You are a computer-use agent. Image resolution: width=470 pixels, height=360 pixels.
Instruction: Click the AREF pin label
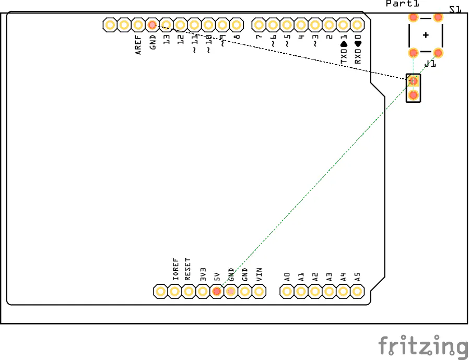(x=138, y=45)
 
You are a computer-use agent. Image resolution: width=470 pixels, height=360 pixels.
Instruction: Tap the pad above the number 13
(x=166, y=25)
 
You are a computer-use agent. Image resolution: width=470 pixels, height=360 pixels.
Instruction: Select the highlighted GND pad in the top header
(x=152, y=25)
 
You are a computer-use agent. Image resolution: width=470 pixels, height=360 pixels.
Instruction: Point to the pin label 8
(x=237, y=38)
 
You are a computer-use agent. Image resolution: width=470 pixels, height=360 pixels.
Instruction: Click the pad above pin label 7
(x=258, y=25)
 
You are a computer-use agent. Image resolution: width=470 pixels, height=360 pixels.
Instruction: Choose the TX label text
(x=344, y=55)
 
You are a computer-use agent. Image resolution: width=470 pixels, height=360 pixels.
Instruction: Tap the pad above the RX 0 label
(x=357, y=25)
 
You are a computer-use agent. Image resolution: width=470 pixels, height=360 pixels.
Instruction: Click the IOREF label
(x=175, y=269)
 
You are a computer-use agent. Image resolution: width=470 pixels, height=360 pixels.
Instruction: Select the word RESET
(x=188, y=269)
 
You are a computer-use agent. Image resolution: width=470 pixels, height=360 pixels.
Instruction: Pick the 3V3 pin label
(x=203, y=274)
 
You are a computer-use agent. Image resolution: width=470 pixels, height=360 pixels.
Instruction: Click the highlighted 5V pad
(x=217, y=291)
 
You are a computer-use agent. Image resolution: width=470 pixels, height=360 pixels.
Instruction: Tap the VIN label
(x=259, y=274)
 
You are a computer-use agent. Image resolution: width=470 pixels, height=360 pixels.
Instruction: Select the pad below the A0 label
(x=287, y=291)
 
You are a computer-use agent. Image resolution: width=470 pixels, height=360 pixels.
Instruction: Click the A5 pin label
(x=357, y=277)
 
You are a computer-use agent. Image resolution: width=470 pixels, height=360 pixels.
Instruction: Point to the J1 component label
(x=430, y=64)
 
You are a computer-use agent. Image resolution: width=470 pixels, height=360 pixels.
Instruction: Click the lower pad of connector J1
(x=413, y=95)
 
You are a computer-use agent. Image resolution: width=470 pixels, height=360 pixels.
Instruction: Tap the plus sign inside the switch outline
(x=426, y=35)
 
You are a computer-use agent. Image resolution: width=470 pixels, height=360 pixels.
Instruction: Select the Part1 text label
(x=402, y=4)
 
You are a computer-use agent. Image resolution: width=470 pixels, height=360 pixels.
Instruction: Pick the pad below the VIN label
(x=258, y=291)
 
